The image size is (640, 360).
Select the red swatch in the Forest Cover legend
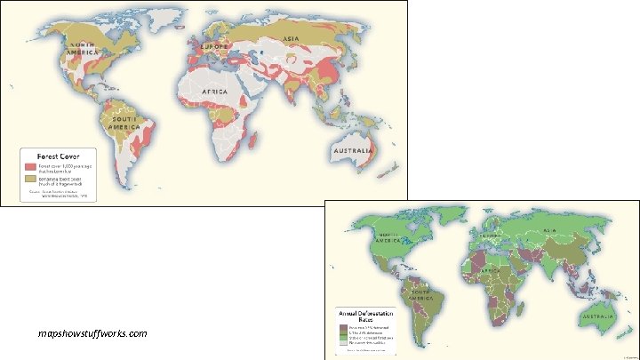(x=29, y=166)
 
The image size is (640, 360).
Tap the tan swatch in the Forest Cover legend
(x=29, y=179)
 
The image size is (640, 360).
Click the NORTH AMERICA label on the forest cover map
(x=83, y=49)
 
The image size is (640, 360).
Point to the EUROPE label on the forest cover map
(x=215, y=45)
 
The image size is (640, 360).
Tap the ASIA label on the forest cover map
(x=291, y=39)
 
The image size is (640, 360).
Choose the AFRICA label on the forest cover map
(x=213, y=92)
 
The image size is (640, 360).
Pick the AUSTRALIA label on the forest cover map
(x=353, y=151)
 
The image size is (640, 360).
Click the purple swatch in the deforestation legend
(x=344, y=327)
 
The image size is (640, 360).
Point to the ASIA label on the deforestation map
(x=548, y=229)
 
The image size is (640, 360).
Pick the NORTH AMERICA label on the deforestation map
(x=391, y=238)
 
